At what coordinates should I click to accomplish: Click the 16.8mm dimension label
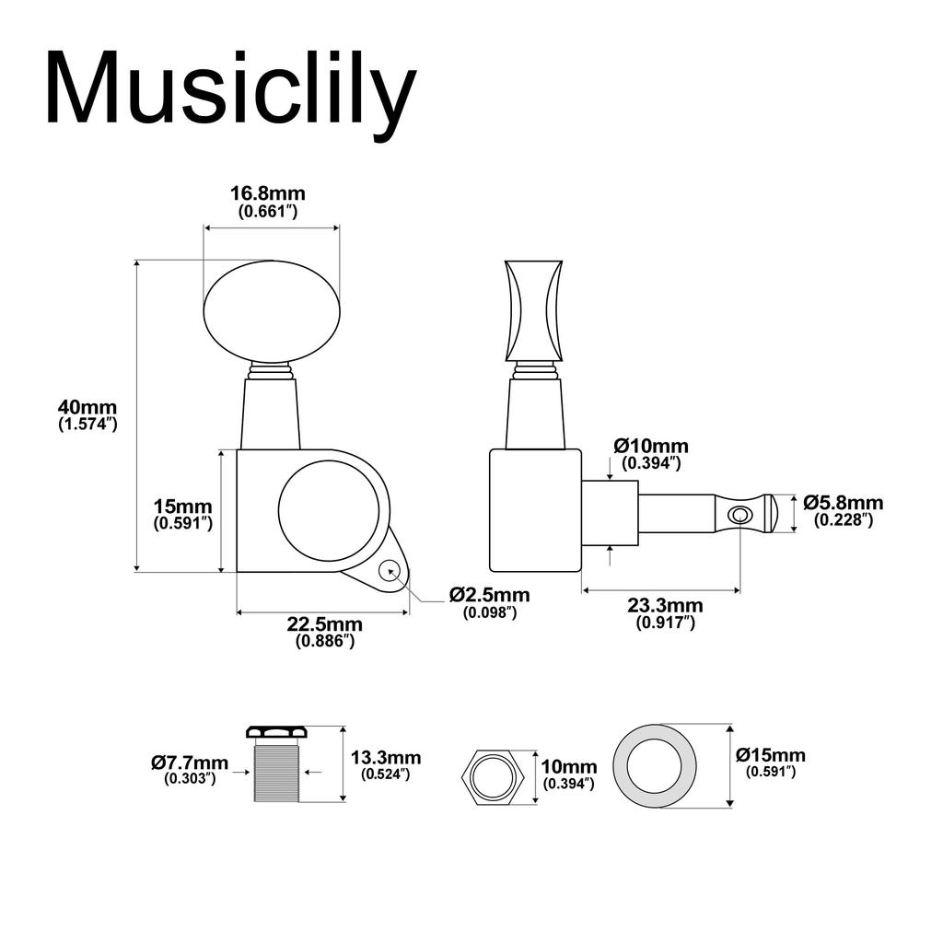267,202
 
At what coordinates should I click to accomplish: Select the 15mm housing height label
183,514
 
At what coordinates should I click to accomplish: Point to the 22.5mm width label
324,633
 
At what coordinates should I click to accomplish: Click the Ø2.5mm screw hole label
489,603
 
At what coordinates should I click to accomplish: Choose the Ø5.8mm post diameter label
843,510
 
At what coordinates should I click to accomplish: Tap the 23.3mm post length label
665,613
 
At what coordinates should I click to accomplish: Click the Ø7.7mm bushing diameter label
190,770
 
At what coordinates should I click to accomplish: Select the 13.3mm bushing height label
386,765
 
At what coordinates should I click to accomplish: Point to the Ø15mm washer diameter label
771,763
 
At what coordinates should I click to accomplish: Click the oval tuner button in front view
272,310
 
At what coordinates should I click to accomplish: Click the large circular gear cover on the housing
328,509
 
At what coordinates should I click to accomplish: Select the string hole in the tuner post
739,514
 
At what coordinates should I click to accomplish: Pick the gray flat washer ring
655,766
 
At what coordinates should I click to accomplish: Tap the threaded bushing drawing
275,770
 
